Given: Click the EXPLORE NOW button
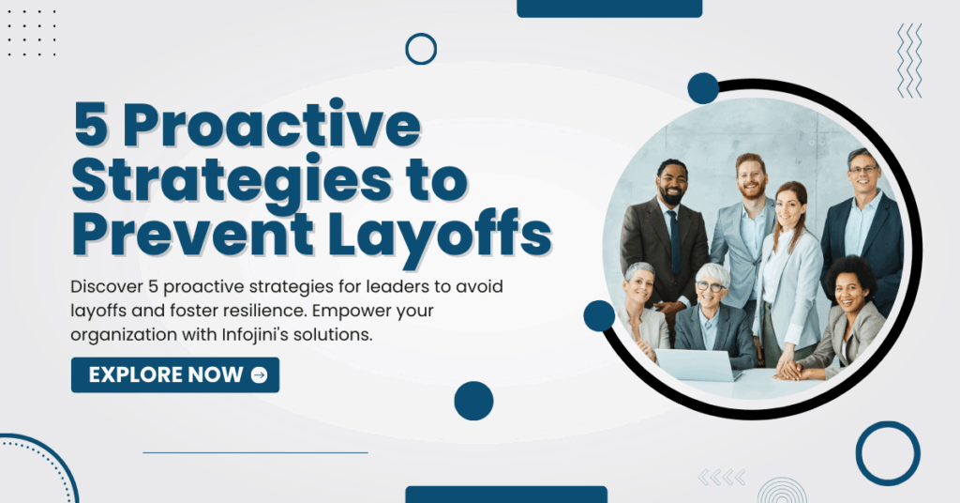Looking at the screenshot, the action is coord(175,375).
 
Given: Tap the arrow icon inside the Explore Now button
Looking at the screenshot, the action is coord(259,375).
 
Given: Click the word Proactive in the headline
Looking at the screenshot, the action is coord(273,126).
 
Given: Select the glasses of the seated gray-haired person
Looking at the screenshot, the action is coord(710,286).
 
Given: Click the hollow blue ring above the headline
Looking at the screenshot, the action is coord(421,49).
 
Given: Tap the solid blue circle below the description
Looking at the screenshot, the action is coord(473,401).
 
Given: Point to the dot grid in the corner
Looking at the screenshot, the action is coord(31,33).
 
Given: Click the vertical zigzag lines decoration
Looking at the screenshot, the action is coord(909,60).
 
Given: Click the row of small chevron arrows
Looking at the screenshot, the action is coord(722,477).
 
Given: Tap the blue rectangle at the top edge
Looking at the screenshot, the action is coord(609,8).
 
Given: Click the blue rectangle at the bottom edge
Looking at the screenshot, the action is coord(506,495).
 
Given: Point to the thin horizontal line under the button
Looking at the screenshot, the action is coord(255,452).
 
